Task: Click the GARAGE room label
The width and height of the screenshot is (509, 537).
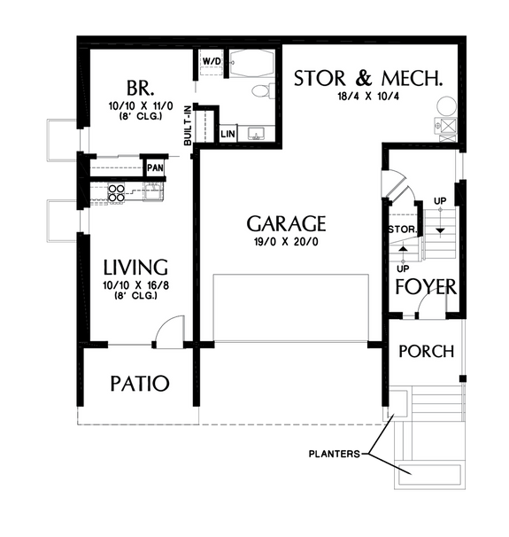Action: [286, 223]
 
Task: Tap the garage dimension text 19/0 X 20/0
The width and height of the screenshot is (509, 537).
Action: [286, 241]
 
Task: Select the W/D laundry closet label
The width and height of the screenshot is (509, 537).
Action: [212, 61]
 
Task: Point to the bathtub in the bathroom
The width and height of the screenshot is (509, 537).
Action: [251, 64]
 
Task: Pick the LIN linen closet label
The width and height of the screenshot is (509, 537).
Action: [228, 135]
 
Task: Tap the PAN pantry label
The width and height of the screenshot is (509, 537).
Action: [156, 167]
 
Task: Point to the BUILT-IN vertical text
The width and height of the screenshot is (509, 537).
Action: [188, 125]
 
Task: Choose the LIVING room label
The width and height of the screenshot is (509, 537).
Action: [135, 267]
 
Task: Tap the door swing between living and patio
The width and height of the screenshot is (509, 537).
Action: [165, 333]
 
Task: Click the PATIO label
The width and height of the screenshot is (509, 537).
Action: [140, 384]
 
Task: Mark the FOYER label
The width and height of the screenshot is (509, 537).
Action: [425, 288]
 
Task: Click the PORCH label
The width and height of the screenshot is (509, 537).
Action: [427, 352]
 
